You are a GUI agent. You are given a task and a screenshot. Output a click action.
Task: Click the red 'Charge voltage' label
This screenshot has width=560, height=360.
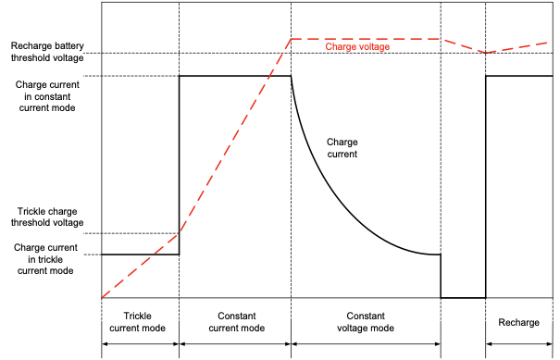click(x=357, y=47)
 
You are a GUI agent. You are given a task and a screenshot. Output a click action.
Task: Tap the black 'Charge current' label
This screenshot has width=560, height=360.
click(x=342, y=148)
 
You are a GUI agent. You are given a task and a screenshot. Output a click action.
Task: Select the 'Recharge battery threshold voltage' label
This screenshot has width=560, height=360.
click(x=47, y=52)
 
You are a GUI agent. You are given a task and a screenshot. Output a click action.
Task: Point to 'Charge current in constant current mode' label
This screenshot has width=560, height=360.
click(x=47, y=96)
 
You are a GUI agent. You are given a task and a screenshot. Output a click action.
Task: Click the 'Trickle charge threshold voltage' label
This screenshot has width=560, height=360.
click(x=47, y=217)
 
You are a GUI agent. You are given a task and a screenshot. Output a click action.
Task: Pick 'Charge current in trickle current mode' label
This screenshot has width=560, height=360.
click(x=45, y=259)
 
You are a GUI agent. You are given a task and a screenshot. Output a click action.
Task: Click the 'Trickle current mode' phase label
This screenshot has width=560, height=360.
click(x=138, y=322)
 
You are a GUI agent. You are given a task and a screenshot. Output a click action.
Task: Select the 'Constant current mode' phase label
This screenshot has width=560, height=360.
click(x=237, y=322)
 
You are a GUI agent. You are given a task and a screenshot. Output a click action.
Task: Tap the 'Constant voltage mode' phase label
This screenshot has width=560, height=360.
click(x=366, y=322)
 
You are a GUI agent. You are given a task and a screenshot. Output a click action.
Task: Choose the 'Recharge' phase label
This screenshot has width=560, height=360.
click(x=518, y=322)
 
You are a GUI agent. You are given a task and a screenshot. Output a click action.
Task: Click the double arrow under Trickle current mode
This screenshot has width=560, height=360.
click(x=141, y=344)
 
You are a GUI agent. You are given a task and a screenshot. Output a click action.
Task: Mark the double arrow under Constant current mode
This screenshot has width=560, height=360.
click(x=235, y=344)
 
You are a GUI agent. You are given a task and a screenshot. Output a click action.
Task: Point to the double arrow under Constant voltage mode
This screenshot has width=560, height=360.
click(x=366, y=344)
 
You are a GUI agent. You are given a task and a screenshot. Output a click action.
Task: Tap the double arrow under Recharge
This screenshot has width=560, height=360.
click(x=519, y=344)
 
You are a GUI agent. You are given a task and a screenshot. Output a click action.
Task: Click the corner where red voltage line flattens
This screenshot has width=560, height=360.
click(x=292, y=39)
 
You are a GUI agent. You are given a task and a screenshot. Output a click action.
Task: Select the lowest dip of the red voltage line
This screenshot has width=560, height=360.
click(x=486, y=53)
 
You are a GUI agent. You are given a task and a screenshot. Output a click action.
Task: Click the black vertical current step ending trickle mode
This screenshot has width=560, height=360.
click(x=179, y=165)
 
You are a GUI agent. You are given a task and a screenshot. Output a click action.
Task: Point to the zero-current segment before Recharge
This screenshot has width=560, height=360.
click(x=463, y=297)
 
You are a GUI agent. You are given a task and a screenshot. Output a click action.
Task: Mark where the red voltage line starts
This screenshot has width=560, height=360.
click(x=102, y=297)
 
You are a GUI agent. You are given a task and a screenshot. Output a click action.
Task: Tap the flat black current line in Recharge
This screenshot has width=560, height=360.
click(x=519, y=76)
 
